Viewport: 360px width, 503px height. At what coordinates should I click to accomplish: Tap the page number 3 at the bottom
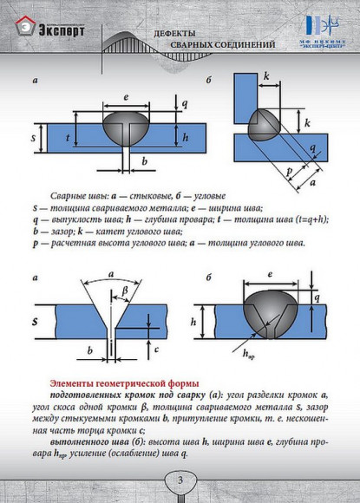coord(180,480)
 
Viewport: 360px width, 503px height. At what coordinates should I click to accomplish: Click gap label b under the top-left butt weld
coord(144,162)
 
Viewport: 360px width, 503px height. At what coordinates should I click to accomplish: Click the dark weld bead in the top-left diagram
coord(128,124)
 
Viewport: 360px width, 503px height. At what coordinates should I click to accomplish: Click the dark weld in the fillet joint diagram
coord(262,125)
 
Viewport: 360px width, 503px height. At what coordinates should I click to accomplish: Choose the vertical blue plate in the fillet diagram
coord(245,95)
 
